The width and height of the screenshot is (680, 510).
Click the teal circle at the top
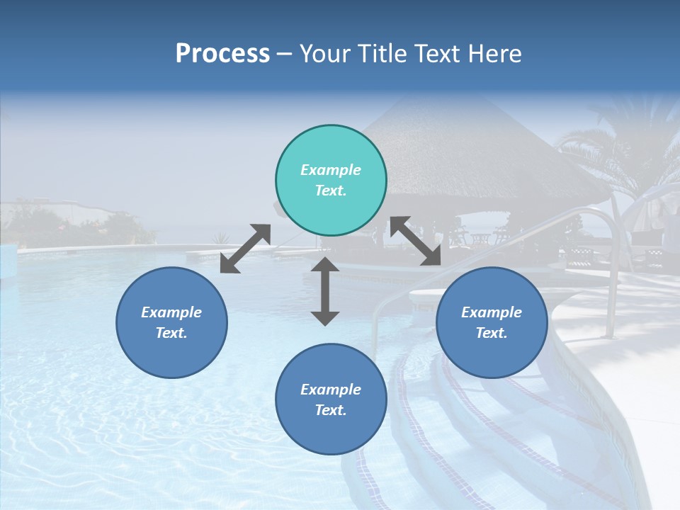coord(331,181)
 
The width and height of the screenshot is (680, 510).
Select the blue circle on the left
coord(171,322)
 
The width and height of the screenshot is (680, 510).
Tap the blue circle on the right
coord(492,322)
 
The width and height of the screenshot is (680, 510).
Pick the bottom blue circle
coord(331,399)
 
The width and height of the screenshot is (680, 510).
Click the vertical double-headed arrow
coord(325,291)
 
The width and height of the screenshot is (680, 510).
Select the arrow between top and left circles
coord(245,249)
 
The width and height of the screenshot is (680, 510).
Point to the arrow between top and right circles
coord(416,241)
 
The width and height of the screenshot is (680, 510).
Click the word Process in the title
coord(222,54)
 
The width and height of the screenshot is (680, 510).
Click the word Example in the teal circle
coord(331,170)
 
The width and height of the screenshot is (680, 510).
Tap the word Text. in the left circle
coord(171,333)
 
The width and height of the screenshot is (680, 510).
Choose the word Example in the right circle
coord(492,312)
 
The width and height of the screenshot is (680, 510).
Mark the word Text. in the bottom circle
coord(331,410)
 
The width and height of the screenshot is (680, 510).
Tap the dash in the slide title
coord(285,54)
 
